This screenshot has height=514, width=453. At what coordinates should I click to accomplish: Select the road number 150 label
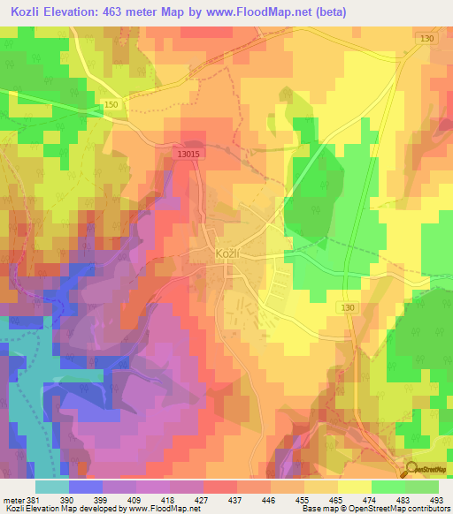point(111,105)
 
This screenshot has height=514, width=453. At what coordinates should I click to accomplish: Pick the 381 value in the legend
point(33,500)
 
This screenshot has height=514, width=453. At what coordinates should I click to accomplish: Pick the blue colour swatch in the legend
point(86,487)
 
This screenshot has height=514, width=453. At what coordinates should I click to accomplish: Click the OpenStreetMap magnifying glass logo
point(412,470)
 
